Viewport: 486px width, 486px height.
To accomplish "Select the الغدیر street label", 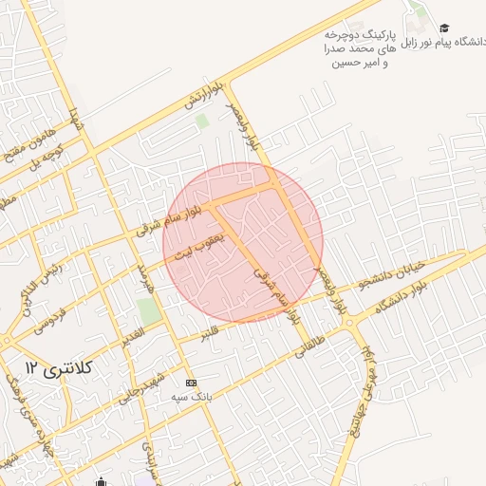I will point(131,336).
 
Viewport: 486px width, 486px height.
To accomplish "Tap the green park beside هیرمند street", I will point(147,310).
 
